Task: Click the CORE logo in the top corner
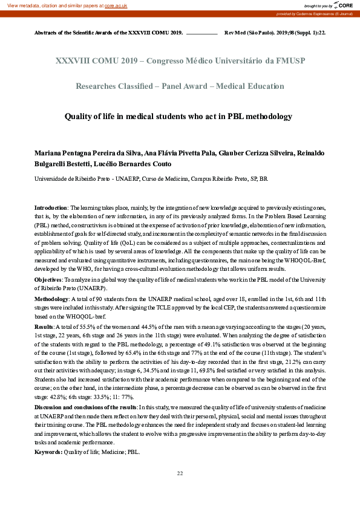pos(342,5)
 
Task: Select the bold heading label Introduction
pos(51,207)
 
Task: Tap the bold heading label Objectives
pos(49,281)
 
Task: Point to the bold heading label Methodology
pos(51,299)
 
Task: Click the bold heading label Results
pos(44,326)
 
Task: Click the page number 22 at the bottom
pos(180,473)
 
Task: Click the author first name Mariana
pos(48,154)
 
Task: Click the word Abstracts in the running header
pos(49,32)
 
